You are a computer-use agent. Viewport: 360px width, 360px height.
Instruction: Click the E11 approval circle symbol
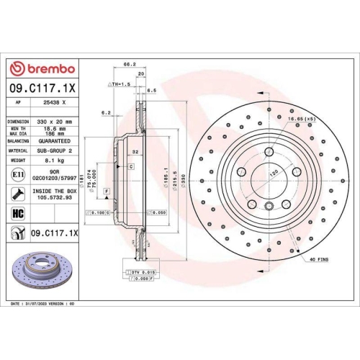coord(18,174)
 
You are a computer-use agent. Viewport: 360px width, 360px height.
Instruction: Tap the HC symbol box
coord(18,213)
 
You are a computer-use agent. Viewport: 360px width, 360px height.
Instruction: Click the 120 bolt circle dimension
coord(274,174)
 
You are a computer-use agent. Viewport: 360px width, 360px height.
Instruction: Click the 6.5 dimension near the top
coord(152,91)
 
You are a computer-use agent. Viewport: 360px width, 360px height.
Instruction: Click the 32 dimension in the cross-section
coord(135,152)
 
